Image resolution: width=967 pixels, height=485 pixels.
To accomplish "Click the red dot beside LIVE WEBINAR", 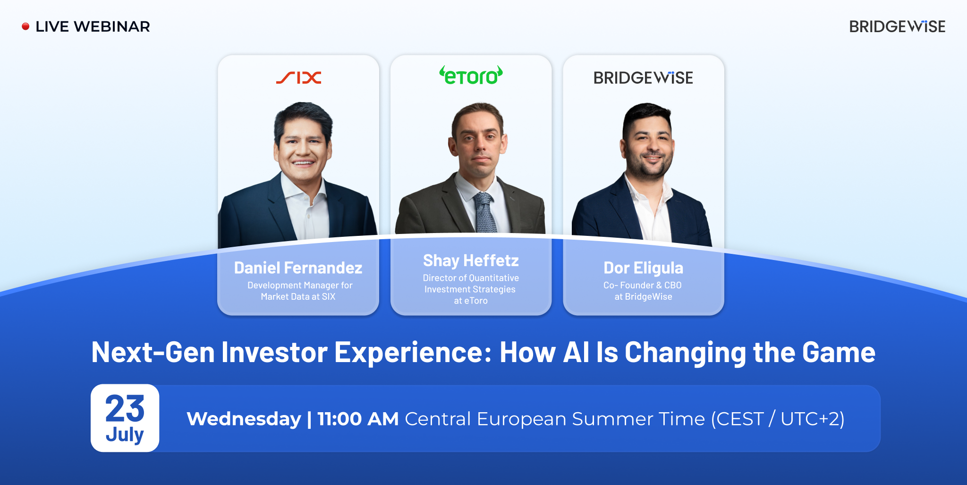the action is [x=25, y=26].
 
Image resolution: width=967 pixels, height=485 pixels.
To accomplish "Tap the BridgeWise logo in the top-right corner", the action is [x=897, y=26].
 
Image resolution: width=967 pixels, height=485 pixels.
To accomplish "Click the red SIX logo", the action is [x=298, y=78].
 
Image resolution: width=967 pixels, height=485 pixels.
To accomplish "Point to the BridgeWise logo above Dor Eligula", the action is [x=643, y=78].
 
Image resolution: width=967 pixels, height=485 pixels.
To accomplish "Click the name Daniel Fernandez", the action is [x=298, y=268].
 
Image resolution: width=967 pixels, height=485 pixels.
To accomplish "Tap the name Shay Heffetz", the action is [x=471, y=261].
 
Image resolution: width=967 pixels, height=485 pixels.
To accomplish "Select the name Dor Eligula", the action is [x=643, y=268].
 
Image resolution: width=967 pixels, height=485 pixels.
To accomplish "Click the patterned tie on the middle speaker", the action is [x=484, y=213].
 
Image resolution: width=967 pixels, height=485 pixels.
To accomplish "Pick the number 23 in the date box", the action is [x=125, y=408].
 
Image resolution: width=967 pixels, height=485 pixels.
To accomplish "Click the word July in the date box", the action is [x=125, y=434].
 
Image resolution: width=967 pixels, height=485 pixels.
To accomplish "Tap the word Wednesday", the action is [x=244, y=419].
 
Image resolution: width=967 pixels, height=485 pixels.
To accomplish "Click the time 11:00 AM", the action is [x=358, y=419].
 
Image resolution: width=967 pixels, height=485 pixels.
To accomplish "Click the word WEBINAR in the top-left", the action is [x=112, y=26].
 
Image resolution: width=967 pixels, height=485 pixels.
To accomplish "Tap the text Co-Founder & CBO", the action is [x=642, y=285].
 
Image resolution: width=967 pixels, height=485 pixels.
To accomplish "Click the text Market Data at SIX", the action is [x=298, y=297].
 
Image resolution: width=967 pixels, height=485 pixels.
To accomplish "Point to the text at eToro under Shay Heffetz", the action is [x=471, y=301].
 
